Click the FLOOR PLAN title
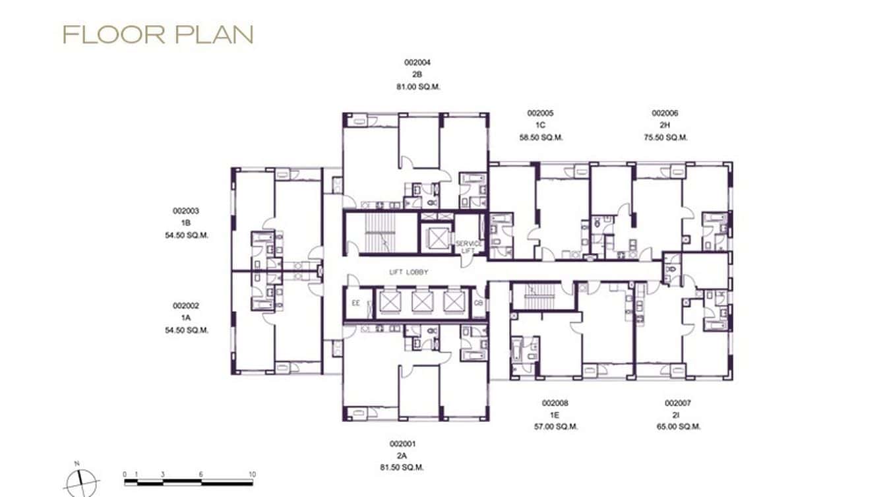point(158,35)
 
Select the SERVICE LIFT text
point(469,247)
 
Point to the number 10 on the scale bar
point(251,474)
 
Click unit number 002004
point(417,63)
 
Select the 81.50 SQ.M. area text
point(402,467)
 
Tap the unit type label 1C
point(540,125)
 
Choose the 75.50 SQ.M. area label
point(665,138)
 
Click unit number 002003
point(186,212)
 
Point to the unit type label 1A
point(186,318)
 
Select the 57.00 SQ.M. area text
point(555,426)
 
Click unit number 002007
point(678,403)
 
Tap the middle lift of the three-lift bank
point(421,301)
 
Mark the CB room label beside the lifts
point(478,304)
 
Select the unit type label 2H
point(665,125)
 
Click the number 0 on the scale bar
point(125,474)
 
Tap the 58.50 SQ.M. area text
point(541,138)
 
